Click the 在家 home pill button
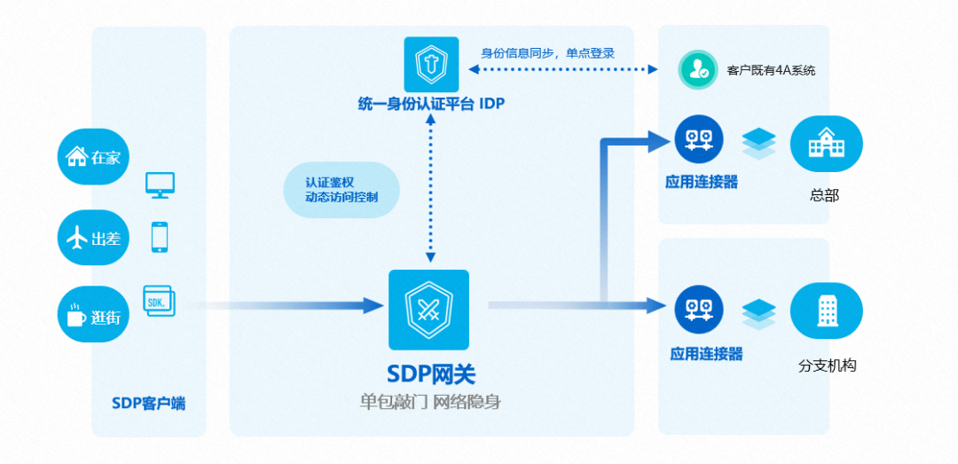93,157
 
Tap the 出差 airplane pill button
93,237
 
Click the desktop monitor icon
161,185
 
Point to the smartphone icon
160,237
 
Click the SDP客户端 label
149,403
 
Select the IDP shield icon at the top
431,64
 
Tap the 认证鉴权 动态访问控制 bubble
342,190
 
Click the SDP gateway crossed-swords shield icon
428,309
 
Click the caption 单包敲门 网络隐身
430,402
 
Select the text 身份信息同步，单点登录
547,52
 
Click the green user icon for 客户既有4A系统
698,70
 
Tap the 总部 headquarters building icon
826,145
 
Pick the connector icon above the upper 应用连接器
699,139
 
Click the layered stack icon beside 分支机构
758,314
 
